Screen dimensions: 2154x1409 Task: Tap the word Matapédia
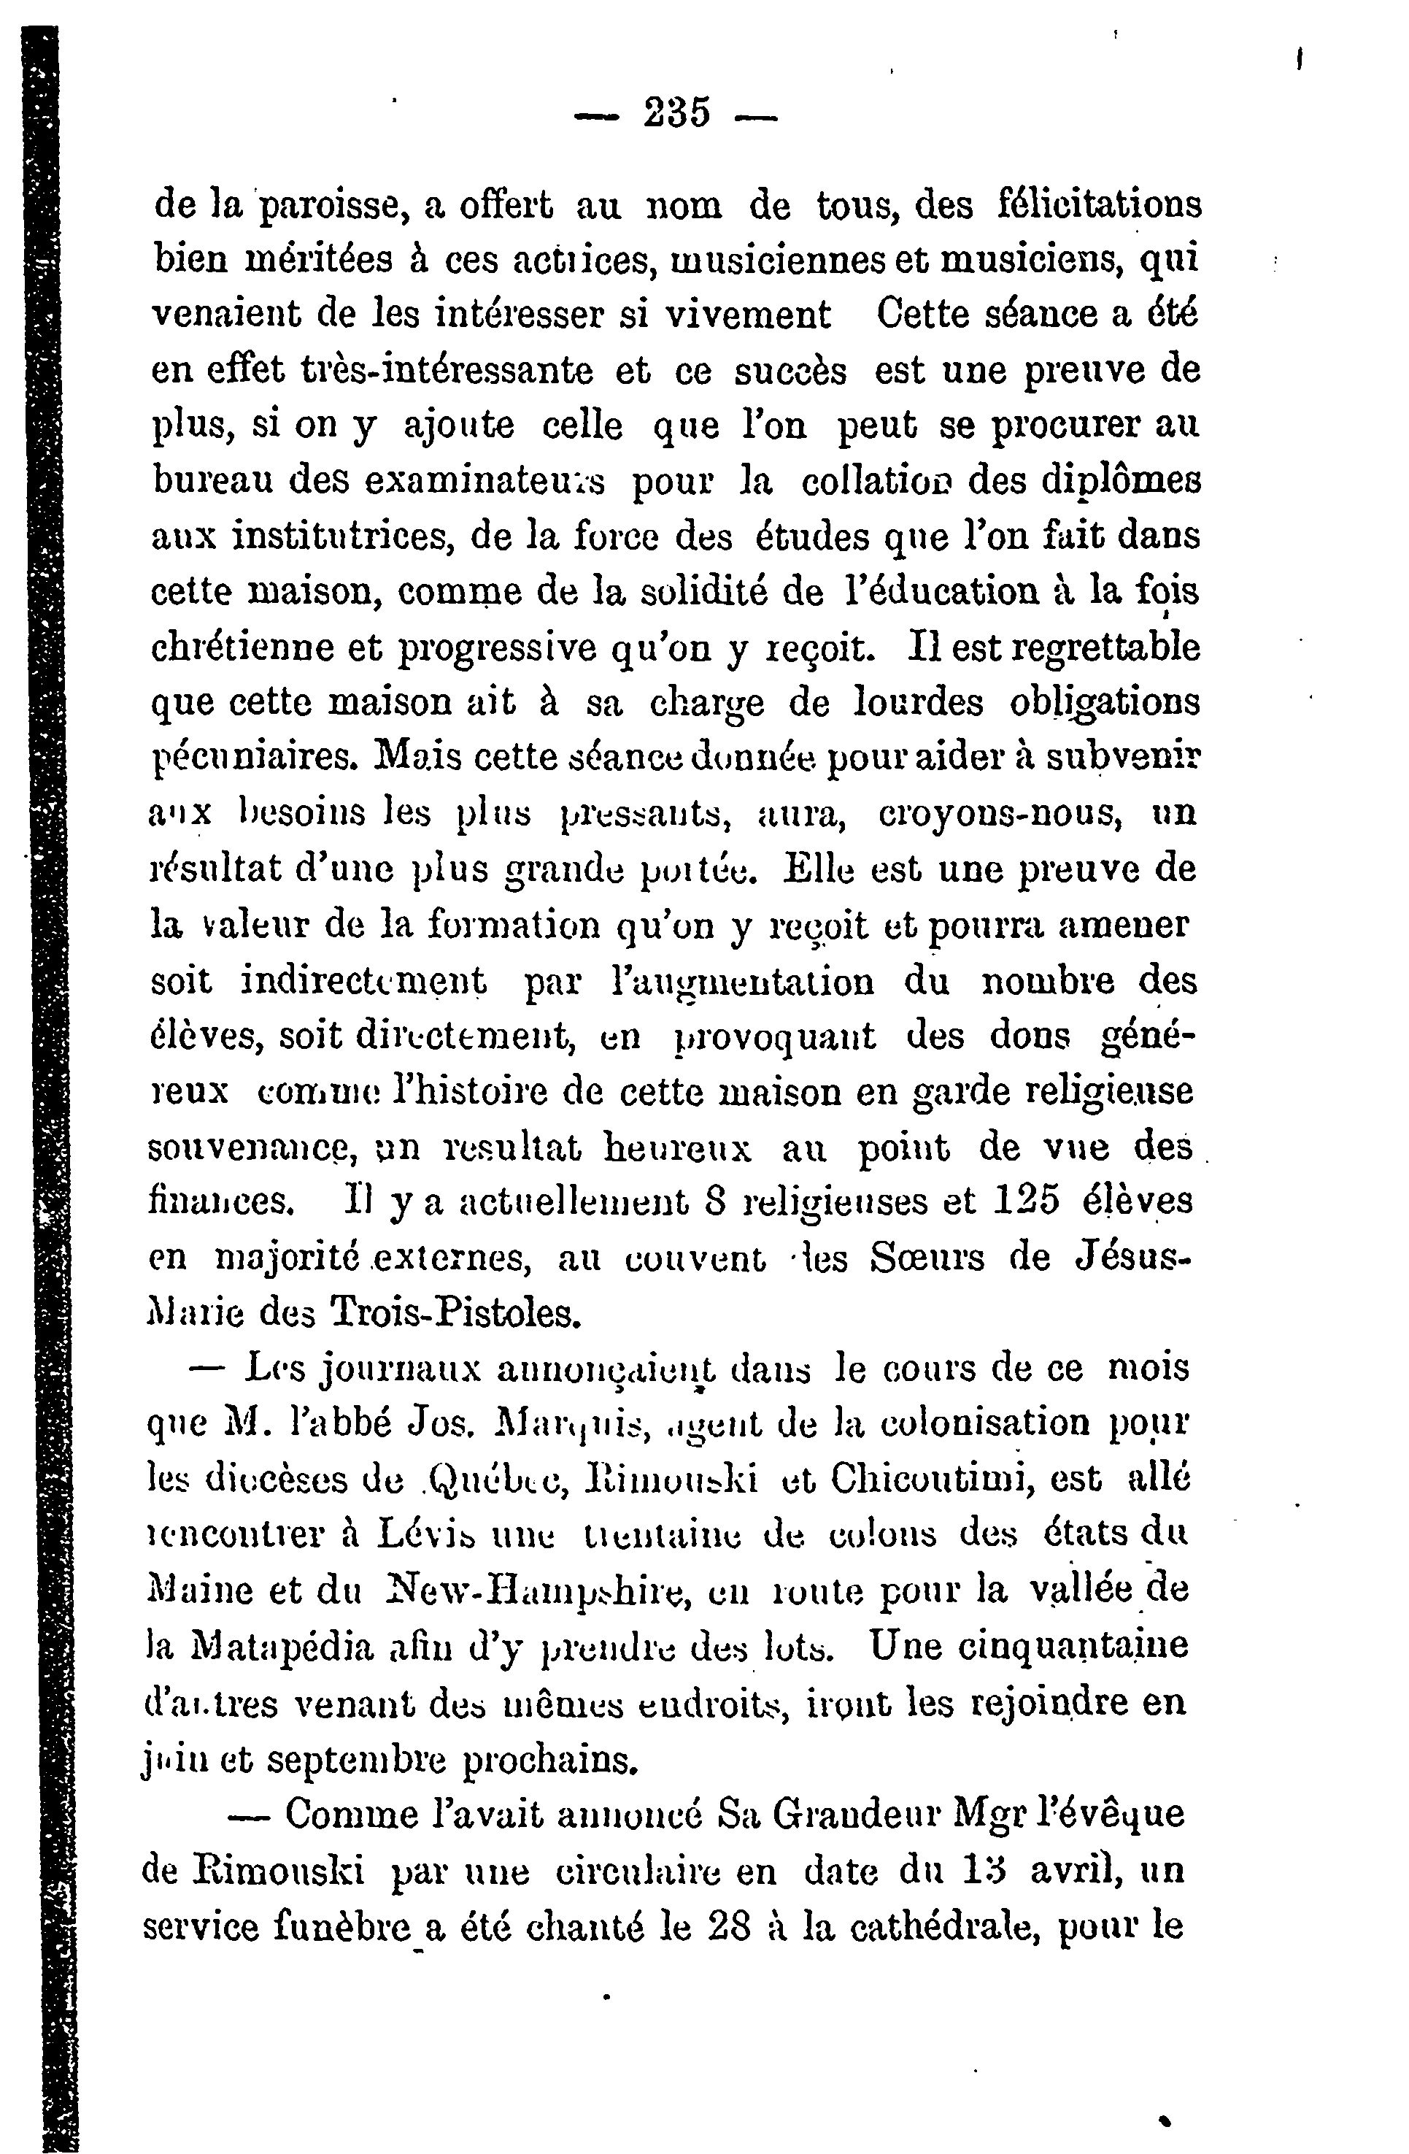pyautogui.click(x=283, y=1646)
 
